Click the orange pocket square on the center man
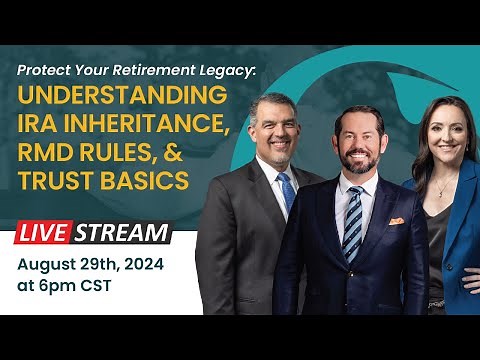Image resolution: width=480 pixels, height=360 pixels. [x=397, y=220]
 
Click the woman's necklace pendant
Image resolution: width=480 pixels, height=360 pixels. [x=439, y=191]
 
